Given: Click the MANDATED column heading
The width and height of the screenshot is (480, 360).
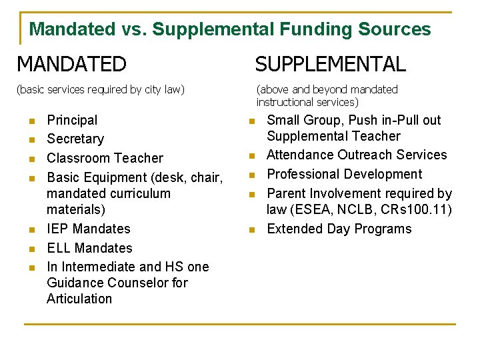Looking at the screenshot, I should tap(71, 64).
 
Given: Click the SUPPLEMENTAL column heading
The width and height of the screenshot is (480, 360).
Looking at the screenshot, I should tap(330, 64).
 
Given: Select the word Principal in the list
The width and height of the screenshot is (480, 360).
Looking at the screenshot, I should tap(72, 120).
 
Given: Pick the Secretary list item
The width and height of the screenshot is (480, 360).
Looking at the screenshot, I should tap(75, 139).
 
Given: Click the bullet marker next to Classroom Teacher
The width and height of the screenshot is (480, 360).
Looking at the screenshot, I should tap(31, 159).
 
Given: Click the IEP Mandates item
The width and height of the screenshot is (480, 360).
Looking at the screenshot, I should tap(89, 229).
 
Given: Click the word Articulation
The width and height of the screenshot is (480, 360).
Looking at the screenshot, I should tap(79, 299).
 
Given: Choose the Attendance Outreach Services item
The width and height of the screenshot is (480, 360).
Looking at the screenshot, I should tap(357, 155).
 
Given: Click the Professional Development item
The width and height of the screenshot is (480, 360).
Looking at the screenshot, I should tap(344, 174).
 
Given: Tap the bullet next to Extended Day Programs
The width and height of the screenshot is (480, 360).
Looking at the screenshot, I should tap(251, 230).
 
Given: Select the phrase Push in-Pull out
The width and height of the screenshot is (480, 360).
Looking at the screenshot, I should tap(393, 120).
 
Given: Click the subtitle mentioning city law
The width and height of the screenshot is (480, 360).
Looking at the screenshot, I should tap(101, 89).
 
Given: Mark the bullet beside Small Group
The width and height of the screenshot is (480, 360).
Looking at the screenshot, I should tap(251, 121).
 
